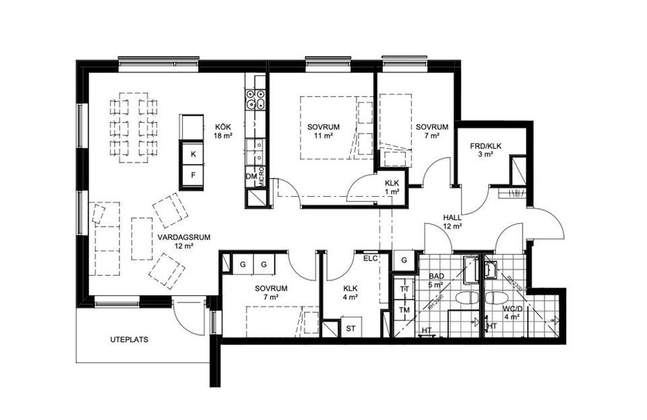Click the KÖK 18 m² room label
[x=223, y=131]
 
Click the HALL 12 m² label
[x=452, y=221]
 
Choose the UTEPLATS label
[x=129, y=340]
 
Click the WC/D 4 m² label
[x=511, y=312]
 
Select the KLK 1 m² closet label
[x=392, y=187]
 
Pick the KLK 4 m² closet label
[x=349, y=292]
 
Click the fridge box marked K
[x=193, y=154]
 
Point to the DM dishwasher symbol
[x=251, y=177]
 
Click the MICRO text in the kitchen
[x=260, y=175]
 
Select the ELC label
[x=370, y=258]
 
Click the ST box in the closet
[x=350, y=328]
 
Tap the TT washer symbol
[x=404, y=289]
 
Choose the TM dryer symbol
[x=404, y=309]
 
